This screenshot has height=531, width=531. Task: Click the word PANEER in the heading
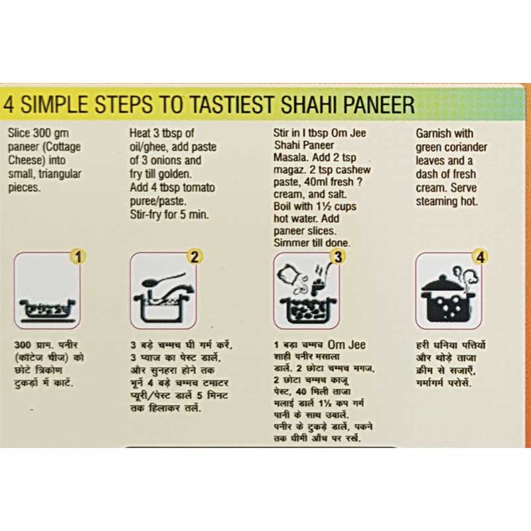(x=373, y=105)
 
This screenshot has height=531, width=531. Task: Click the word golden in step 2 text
(x=176, y=175)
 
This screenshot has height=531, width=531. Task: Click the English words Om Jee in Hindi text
(x=350, y=344)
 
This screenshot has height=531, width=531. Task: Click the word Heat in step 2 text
(x=141, y=132)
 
